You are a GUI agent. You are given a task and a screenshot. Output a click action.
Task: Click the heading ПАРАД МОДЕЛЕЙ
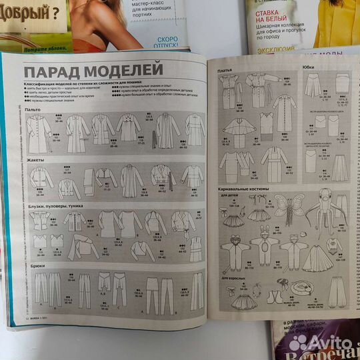(x=93, y=70)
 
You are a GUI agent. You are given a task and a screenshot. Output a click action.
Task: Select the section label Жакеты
(x=35, y=161)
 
